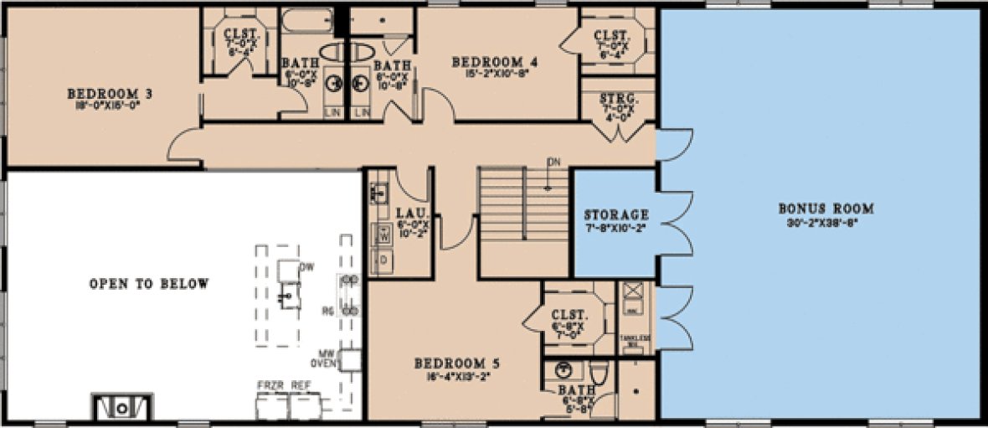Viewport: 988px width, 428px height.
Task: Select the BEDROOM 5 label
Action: tap(457, 364)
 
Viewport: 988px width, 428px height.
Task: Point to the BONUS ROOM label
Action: tap(826, 208)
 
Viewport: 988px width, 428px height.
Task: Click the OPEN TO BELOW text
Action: tap(149, 284)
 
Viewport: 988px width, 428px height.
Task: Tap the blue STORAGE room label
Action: tap(616, 215)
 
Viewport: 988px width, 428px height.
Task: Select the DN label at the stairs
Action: tap(553, 161)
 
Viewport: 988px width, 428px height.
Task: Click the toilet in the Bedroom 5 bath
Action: tap(599, 371)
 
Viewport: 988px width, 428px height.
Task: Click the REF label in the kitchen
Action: tap(300, 384)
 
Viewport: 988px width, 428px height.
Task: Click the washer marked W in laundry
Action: tap(385, 236)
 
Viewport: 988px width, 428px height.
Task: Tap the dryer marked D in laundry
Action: tap(385, 260)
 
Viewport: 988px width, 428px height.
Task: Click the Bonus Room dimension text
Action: tap(826, 223)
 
